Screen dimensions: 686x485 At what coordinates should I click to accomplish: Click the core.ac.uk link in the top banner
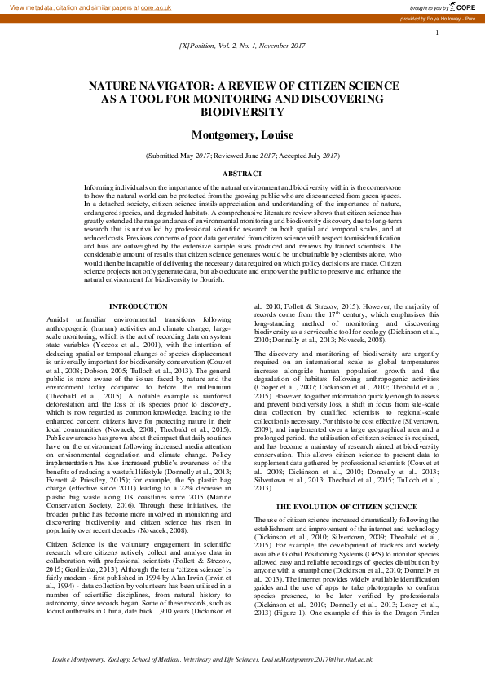pos(156,7)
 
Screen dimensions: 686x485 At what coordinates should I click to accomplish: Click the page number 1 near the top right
pos(438,33)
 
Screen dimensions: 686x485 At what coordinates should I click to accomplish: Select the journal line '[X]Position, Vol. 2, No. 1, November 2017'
pos(242,47)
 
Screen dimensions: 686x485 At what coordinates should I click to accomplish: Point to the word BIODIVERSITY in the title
pos(242,111)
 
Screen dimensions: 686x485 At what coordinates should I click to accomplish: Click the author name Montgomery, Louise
pos(242,134)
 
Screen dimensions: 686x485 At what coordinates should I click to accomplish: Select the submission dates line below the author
pos(242,155)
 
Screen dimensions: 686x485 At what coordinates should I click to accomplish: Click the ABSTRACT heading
pos(242,174)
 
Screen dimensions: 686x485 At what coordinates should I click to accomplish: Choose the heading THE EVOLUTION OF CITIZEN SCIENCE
pos(347,483)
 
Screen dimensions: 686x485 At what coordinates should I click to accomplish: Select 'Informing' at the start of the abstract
pos(100,187)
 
